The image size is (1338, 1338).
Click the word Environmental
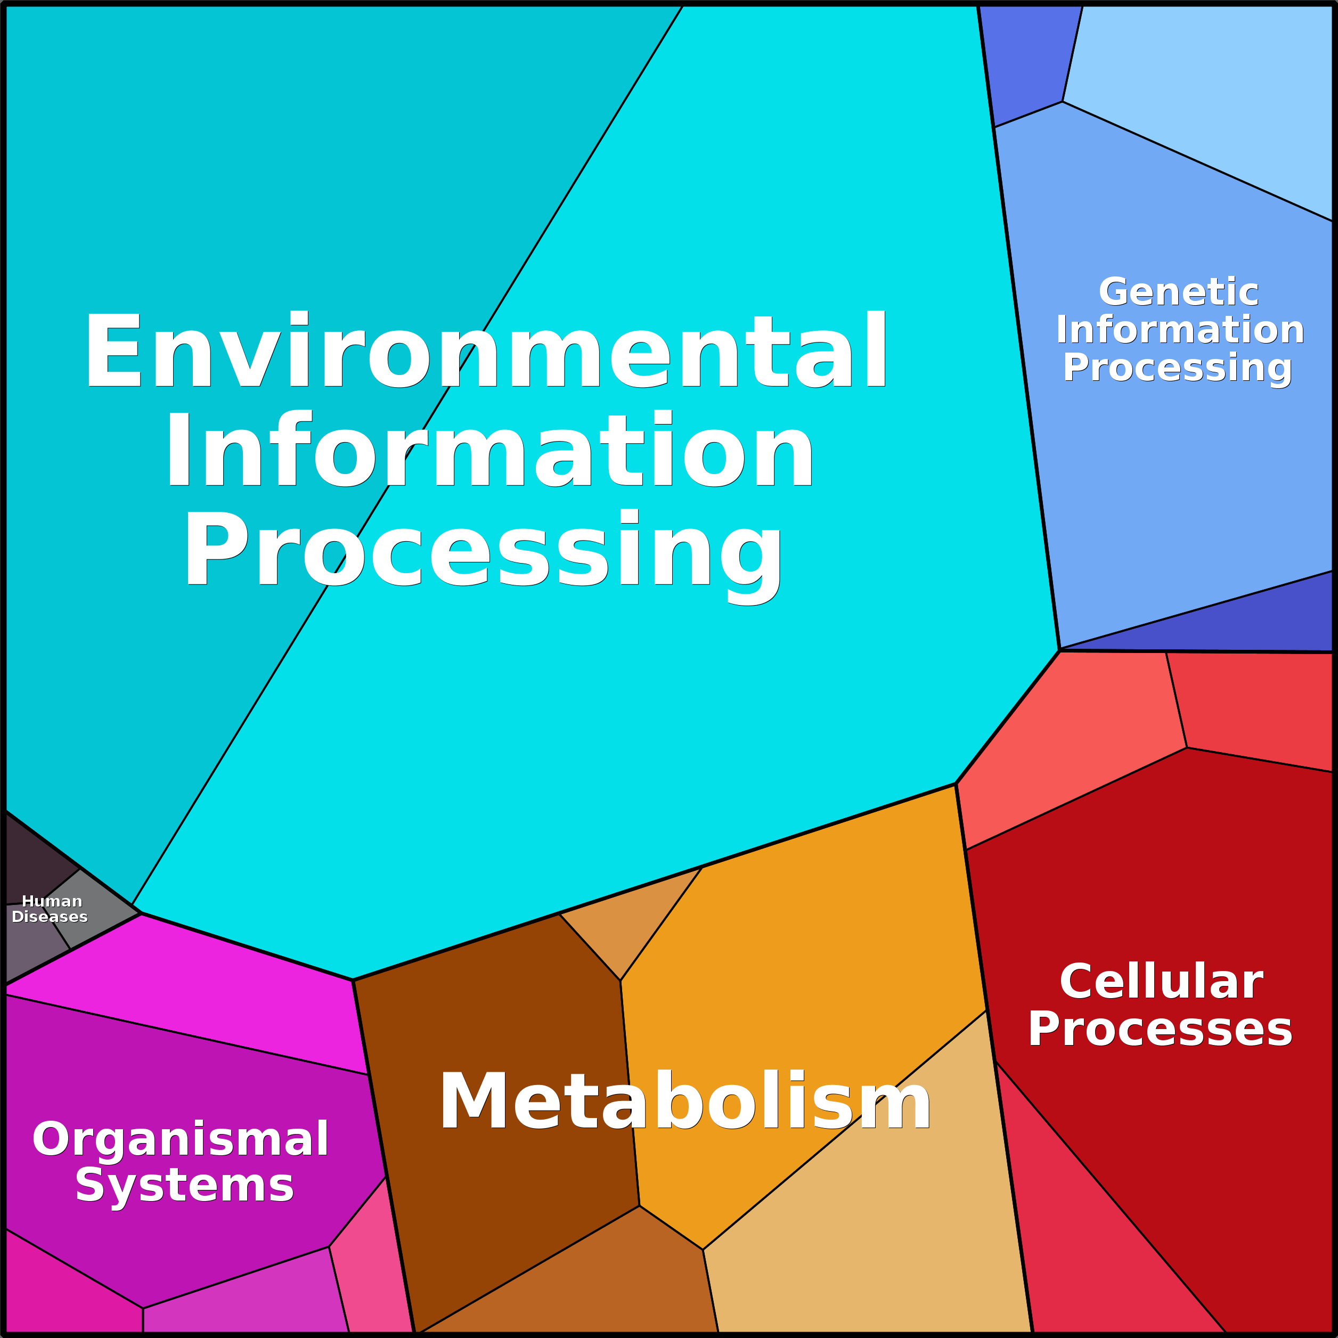coord(485,350)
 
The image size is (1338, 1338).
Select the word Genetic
coord(1178,292)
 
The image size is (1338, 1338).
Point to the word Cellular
coord(1161,981)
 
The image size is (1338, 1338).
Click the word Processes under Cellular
coord(1160,1029)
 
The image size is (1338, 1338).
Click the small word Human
coord(52,901)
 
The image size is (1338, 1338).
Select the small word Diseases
coord(50,917)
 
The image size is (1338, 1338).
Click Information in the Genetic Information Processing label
coord(1180,330)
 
